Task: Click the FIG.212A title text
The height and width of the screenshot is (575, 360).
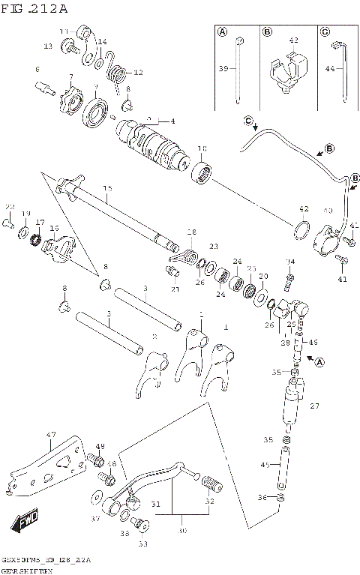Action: point(34,9)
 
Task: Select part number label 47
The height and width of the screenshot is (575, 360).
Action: point(51,434)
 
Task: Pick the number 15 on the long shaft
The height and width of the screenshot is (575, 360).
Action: point(107,188)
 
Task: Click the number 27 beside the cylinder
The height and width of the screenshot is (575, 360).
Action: point(314,406)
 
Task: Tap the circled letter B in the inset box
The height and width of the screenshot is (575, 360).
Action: point(267,32)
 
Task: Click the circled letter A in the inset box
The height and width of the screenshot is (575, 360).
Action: point(223,32)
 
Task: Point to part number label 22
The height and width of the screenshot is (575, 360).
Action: point(10,207)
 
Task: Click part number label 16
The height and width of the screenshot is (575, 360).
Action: point(54,228)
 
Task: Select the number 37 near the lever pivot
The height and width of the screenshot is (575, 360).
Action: point(94,518)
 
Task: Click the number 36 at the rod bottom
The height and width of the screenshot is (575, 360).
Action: point(261,496)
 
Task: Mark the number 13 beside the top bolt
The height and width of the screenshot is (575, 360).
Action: point(47,46)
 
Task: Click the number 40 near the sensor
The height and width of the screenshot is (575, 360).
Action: point(327,211)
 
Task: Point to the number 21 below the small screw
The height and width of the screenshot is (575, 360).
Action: point(175,289)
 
